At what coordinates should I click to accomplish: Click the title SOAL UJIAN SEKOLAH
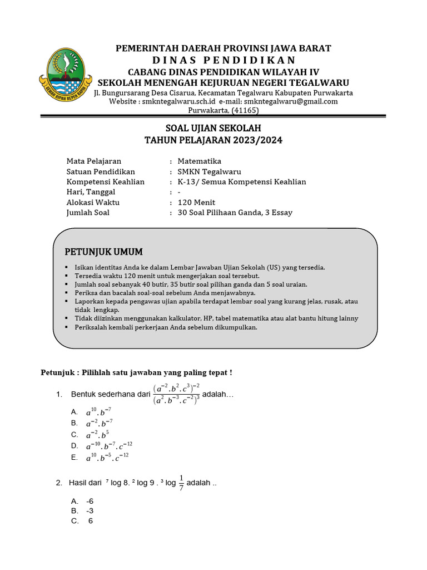click(x=213, y=129)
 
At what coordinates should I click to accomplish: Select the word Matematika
click(x=200, y=161)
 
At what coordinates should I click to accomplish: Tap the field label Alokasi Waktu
click(x=93, y=202)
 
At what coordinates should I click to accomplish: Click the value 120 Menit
click(x=196, y=202)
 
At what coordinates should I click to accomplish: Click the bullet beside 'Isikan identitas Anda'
click(x=67, y=268)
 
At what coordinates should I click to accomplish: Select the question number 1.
click(x=59, y=395)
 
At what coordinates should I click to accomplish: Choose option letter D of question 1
click(x=75, y=446)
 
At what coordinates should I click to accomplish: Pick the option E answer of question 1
click(x=107, y=458)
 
